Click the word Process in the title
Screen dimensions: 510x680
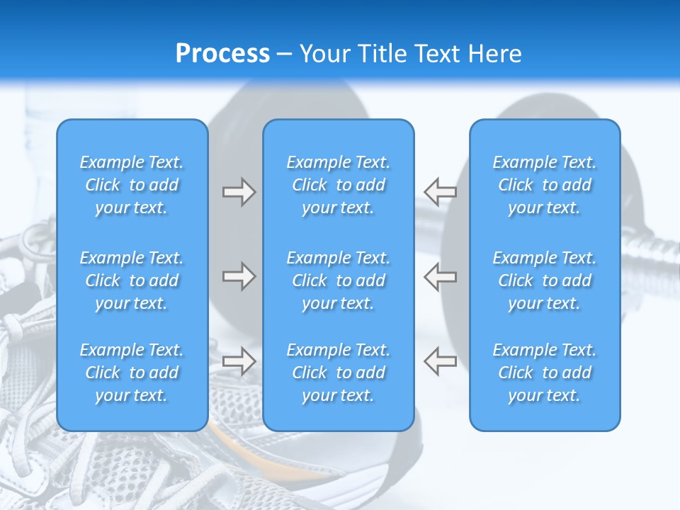click(x=222, y=54)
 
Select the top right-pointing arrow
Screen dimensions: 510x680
click(x=239, y=192)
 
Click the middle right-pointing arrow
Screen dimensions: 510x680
click(x=239, y=276)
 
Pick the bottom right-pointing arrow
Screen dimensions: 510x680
click(x=239, y=361)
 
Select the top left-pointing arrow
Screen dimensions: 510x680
click(x=440, y=192)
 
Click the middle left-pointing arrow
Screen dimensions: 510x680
click(x=440, y=276)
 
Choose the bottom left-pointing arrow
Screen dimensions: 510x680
click(x=440, y=361)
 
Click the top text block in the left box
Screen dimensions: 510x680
click(x=132, y=185)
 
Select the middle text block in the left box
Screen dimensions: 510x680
click(x=132, y=280)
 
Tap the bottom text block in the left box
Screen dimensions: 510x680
click(x=132, y=373)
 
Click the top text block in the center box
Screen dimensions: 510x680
click(x=338, y=185)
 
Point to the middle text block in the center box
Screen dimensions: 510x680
click(x=338, y=280)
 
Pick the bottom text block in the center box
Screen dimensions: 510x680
click(x=338, y=373)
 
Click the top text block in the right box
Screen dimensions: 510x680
click(x=544, y=185)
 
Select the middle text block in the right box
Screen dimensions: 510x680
click(x=544, y=280)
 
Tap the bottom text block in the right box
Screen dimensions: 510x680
click(x=544, y=373)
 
